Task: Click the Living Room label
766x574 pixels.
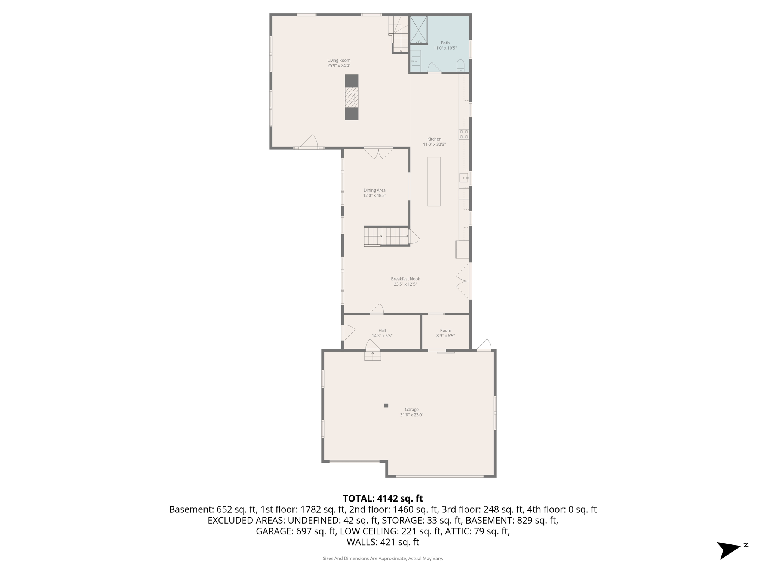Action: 339,60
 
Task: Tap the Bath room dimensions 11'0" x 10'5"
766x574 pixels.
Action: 445,48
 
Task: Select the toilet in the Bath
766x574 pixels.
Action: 460,66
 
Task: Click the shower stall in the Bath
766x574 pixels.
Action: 419,30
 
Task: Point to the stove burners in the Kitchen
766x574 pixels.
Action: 464,134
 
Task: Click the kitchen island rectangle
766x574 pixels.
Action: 434,182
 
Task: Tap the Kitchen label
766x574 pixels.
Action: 434,139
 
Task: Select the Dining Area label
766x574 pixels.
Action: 374,190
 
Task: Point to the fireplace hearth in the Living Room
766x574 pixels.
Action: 351,98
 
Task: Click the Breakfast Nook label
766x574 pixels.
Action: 405,279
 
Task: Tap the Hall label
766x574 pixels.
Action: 382,330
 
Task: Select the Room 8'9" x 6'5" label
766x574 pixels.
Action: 445,333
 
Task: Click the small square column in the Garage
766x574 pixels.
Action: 386,405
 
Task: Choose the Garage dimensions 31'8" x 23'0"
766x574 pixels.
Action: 411,415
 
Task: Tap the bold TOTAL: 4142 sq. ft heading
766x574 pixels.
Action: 383,499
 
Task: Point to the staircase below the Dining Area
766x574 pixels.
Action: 387,236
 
